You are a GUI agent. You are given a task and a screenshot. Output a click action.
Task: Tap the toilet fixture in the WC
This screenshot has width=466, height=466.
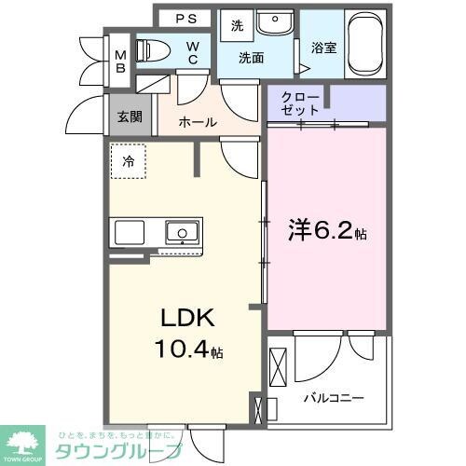151,49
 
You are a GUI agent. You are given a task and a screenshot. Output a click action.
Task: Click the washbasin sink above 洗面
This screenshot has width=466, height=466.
273,24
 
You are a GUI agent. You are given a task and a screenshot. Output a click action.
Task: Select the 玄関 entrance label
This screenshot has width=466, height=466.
130,117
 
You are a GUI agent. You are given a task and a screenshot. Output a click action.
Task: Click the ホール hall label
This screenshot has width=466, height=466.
198,122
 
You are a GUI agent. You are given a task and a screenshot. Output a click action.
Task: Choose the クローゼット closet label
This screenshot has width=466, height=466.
300,102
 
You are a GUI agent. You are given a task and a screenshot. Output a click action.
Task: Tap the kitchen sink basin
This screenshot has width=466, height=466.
181,231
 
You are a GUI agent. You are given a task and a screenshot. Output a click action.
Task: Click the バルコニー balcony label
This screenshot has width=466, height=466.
333,398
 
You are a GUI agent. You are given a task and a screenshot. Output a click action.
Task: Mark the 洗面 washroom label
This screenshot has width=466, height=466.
251,57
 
